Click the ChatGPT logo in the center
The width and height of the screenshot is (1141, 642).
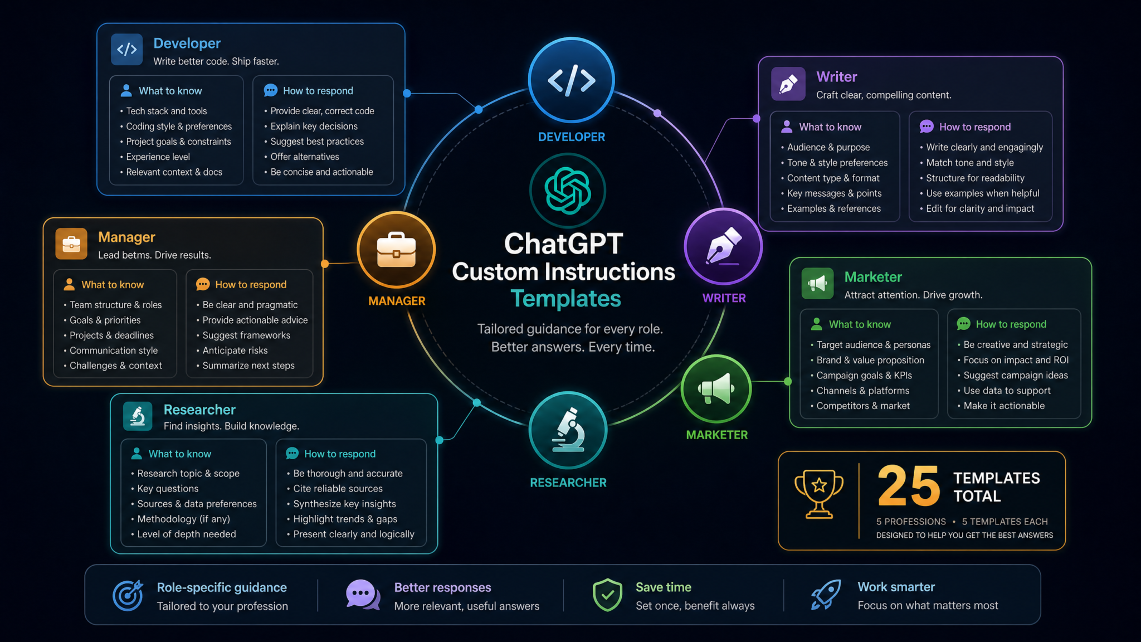click(567, 191)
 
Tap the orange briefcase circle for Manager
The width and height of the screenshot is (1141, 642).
click(396, 250)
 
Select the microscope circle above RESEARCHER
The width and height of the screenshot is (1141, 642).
click(568, 430)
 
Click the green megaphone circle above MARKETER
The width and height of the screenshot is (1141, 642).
click(716, 389)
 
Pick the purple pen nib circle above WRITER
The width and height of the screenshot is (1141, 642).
click(723, 246)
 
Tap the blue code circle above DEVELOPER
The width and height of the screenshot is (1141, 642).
click(571, 80)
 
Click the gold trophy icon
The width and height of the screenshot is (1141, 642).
click(819, 494)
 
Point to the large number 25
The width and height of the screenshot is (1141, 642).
click(909, 486)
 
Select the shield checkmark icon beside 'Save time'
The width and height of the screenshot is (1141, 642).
click(607, 595)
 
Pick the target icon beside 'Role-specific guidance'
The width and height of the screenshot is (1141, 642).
click(128, 595)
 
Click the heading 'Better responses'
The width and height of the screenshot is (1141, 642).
click(443, 587)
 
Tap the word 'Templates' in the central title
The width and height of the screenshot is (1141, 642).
click(565, 299)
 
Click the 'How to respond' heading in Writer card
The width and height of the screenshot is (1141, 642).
click(975, 127)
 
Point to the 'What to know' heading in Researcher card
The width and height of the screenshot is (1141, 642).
click(180, 454)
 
